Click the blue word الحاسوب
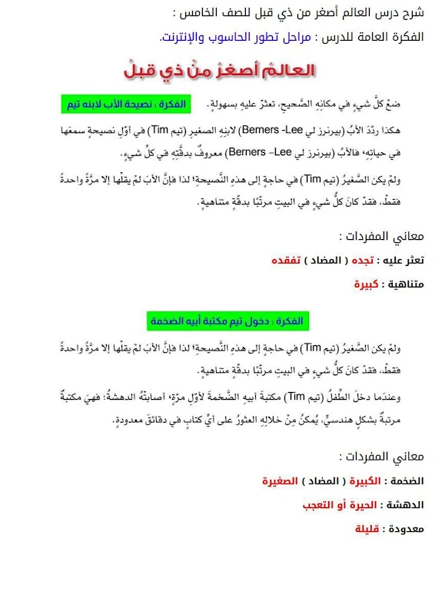[x=218, y=36]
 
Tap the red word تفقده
[x=288, y=261]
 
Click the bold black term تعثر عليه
[x=403, y=261]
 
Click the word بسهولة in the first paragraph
[x=222, y=103]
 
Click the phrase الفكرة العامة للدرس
[x=373, y=36]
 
